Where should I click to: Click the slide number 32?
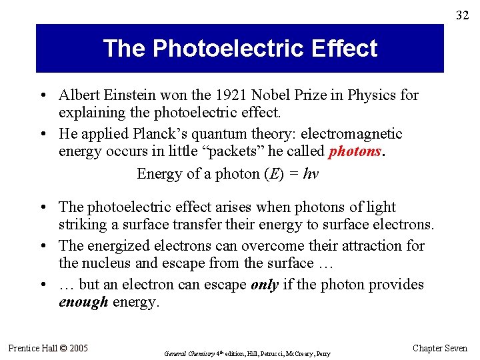462,15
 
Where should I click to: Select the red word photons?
355,151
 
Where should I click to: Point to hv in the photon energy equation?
310,174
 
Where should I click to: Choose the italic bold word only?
264,285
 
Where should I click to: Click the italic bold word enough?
83,302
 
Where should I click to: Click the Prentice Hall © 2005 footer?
48,348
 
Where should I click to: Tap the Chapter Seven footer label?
440,348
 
